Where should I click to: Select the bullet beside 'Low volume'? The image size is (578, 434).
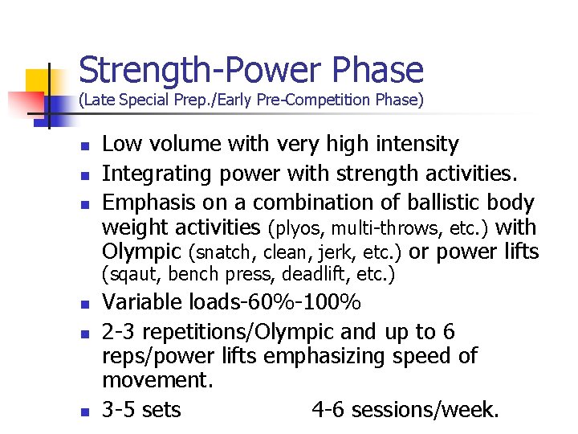pos(83,146)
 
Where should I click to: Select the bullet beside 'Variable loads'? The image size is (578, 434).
pos(83,305)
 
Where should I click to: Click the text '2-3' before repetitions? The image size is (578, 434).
pos(120,331)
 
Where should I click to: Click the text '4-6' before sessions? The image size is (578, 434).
pos(328,410)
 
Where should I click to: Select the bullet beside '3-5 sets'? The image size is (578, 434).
pos(83,411)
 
